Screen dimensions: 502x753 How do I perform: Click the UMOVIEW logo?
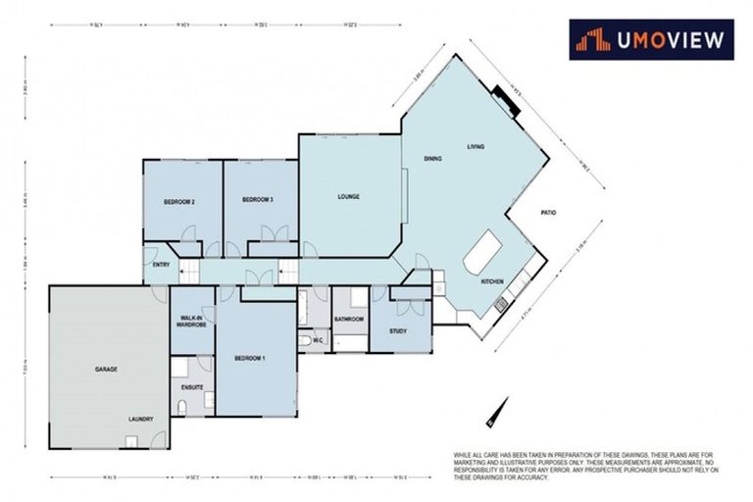click(651, 40)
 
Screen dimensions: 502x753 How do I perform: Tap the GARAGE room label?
click(106, 370)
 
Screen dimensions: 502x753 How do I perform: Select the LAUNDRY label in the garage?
click(140, 419)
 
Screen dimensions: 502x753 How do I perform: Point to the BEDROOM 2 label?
click(178, 201)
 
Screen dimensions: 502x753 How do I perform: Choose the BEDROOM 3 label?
click(257, 200)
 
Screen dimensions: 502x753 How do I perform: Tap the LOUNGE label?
click(349, 196)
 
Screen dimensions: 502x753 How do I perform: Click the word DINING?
click(432, 158)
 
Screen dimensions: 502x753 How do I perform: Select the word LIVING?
click(476, 146)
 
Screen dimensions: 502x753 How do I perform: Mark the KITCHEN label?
click(491, 281)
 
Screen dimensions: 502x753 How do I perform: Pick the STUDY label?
click(397, 331)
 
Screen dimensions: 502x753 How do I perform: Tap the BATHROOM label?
click(348, 319)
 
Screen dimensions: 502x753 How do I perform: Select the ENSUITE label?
click(191, 387)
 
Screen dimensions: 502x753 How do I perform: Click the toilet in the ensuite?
click(183, 407)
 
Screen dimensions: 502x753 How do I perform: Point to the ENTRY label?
click(161, 264)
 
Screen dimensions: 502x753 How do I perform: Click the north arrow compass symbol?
click(496, 411)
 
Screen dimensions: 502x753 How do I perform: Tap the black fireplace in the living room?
click(506, 97)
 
